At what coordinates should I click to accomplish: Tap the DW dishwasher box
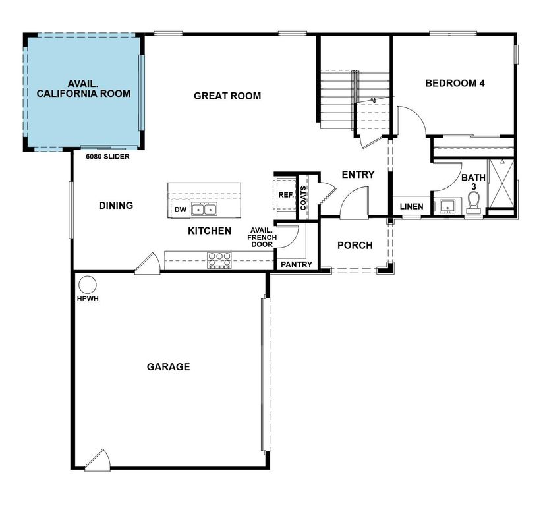[180, 210]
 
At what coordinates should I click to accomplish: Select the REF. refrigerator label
[285, 195]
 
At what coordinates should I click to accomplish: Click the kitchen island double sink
[204, 210]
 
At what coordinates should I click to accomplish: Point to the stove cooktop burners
[219, 260]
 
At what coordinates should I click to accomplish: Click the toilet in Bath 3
[473, 206]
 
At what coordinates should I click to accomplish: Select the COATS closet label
[303, 198]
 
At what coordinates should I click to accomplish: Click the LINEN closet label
[412, 206]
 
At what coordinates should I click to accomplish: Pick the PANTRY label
[296, 264]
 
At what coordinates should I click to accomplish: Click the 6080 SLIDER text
[107, 157]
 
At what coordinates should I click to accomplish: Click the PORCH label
[355, 245]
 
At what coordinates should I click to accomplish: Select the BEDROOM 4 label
[455, 83]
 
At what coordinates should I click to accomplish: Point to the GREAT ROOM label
[227, 96]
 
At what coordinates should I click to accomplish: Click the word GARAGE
[168, 366]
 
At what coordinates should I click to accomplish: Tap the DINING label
[116, 205]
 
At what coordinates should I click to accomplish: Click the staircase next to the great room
[340, 99]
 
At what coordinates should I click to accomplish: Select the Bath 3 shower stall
[501, 184]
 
